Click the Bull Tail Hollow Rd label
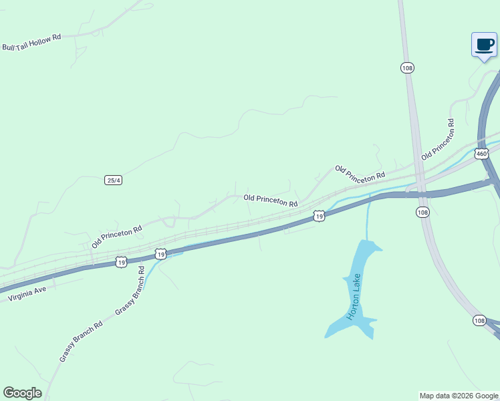point(31,42)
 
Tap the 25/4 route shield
point(114,180)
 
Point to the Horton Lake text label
point(354,297)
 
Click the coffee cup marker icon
point(484,45)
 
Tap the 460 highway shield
point(481,154)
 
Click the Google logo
point(22,393)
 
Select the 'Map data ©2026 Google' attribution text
point(459,396)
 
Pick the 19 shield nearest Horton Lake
point(320,217)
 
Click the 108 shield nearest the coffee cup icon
point(407,68)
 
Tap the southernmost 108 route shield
point(479,321)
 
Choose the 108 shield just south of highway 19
point(422,212)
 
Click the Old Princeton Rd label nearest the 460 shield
point(438,139)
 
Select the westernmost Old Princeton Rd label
point(117,237)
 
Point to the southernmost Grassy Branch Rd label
point(80,342)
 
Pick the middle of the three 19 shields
point(160,254)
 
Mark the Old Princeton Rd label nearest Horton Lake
point(270,199)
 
